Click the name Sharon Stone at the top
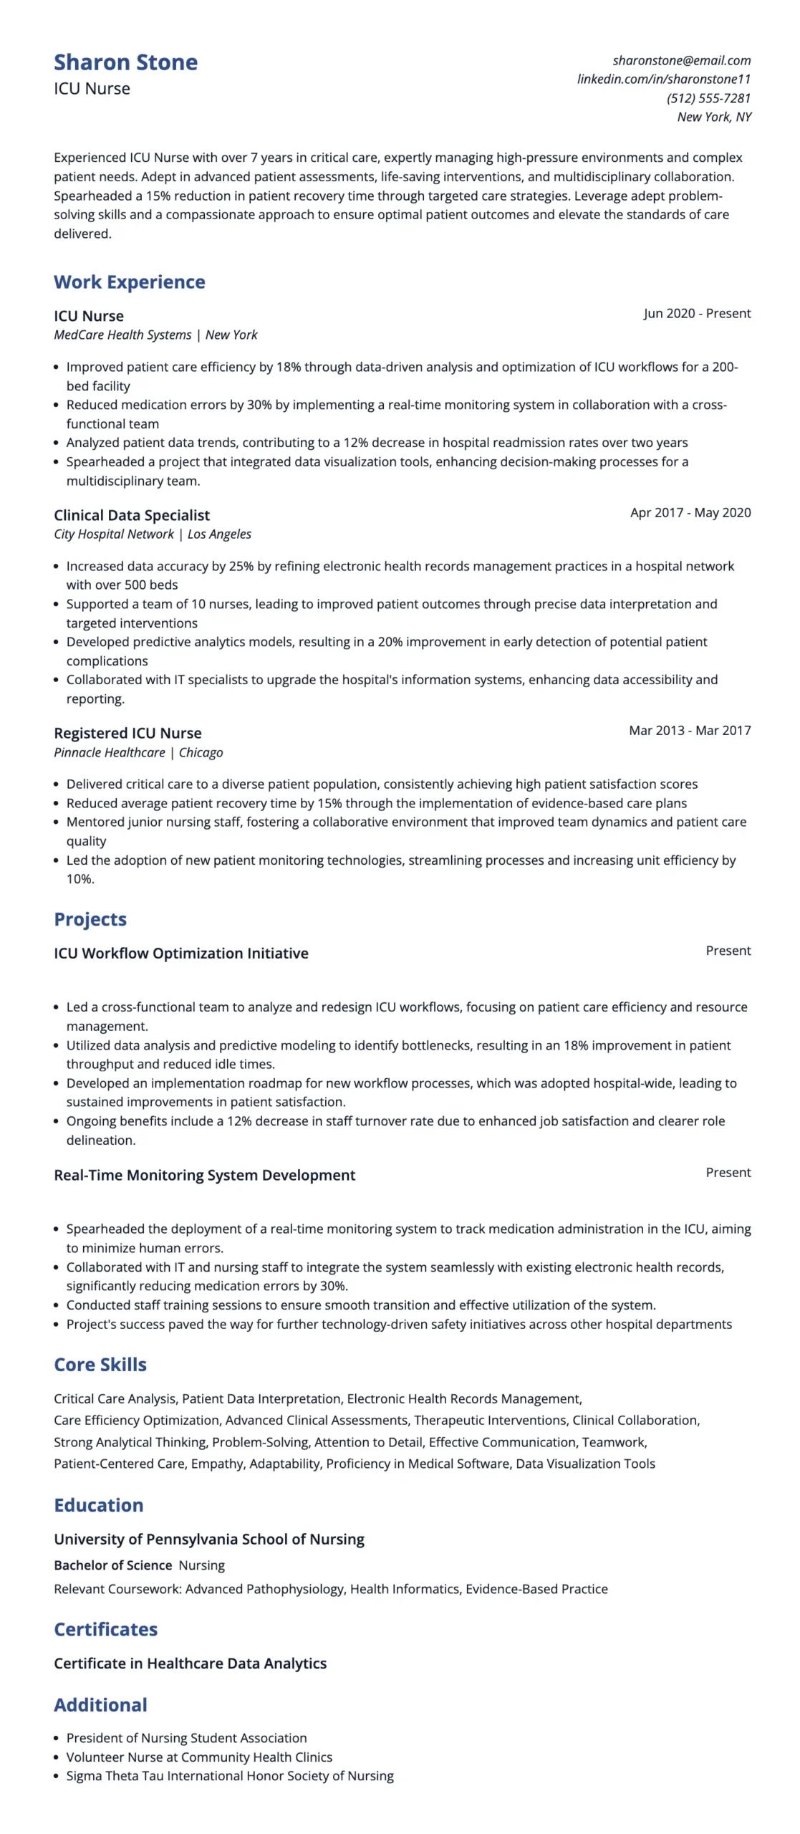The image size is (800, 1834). tap(125, 62)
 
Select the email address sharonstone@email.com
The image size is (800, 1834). tap(681, 60)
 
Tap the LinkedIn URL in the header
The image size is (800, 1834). tap(663, 79)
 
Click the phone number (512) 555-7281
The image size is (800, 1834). tap(708, 98)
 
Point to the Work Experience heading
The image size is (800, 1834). tap(129, 282)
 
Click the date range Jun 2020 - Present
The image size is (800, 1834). tap(696, 313)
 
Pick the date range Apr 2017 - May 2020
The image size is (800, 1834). tap(690, 512)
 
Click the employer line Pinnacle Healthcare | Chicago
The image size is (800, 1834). tap(138, 752)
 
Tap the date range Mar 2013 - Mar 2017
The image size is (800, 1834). tap(689, 730)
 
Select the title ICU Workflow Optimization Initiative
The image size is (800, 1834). tap(180, 953)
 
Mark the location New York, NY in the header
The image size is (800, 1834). tap(713, 117)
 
